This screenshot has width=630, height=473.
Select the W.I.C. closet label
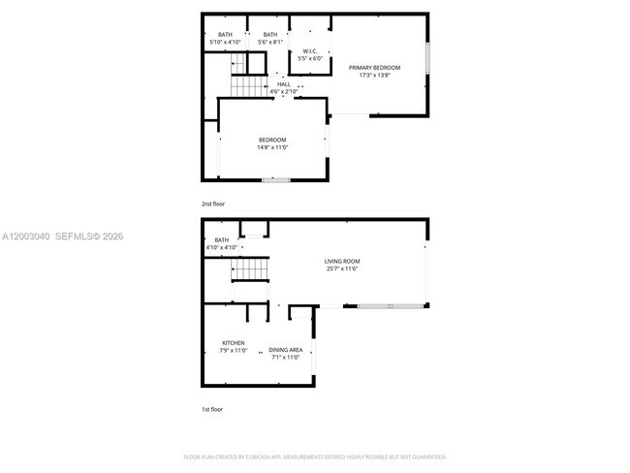click(310, 51)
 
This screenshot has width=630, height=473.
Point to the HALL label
click(284, 84)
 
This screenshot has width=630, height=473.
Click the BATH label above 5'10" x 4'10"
click(225, 35)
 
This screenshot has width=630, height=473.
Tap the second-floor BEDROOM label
click(271, 140)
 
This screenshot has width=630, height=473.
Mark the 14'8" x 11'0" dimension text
click(271, 147)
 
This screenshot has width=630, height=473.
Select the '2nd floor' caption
click(212, 205)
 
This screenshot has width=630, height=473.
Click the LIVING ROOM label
click(342, 261)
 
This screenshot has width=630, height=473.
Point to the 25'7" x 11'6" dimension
click(342, 268)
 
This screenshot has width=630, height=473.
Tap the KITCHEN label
click(234, 342)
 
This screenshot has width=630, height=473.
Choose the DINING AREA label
click(286, 349)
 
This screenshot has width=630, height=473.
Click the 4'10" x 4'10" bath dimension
click(222, 248)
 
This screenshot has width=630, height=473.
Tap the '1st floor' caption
click(212, 410)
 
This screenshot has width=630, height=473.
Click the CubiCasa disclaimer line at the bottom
click(315, 457)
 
